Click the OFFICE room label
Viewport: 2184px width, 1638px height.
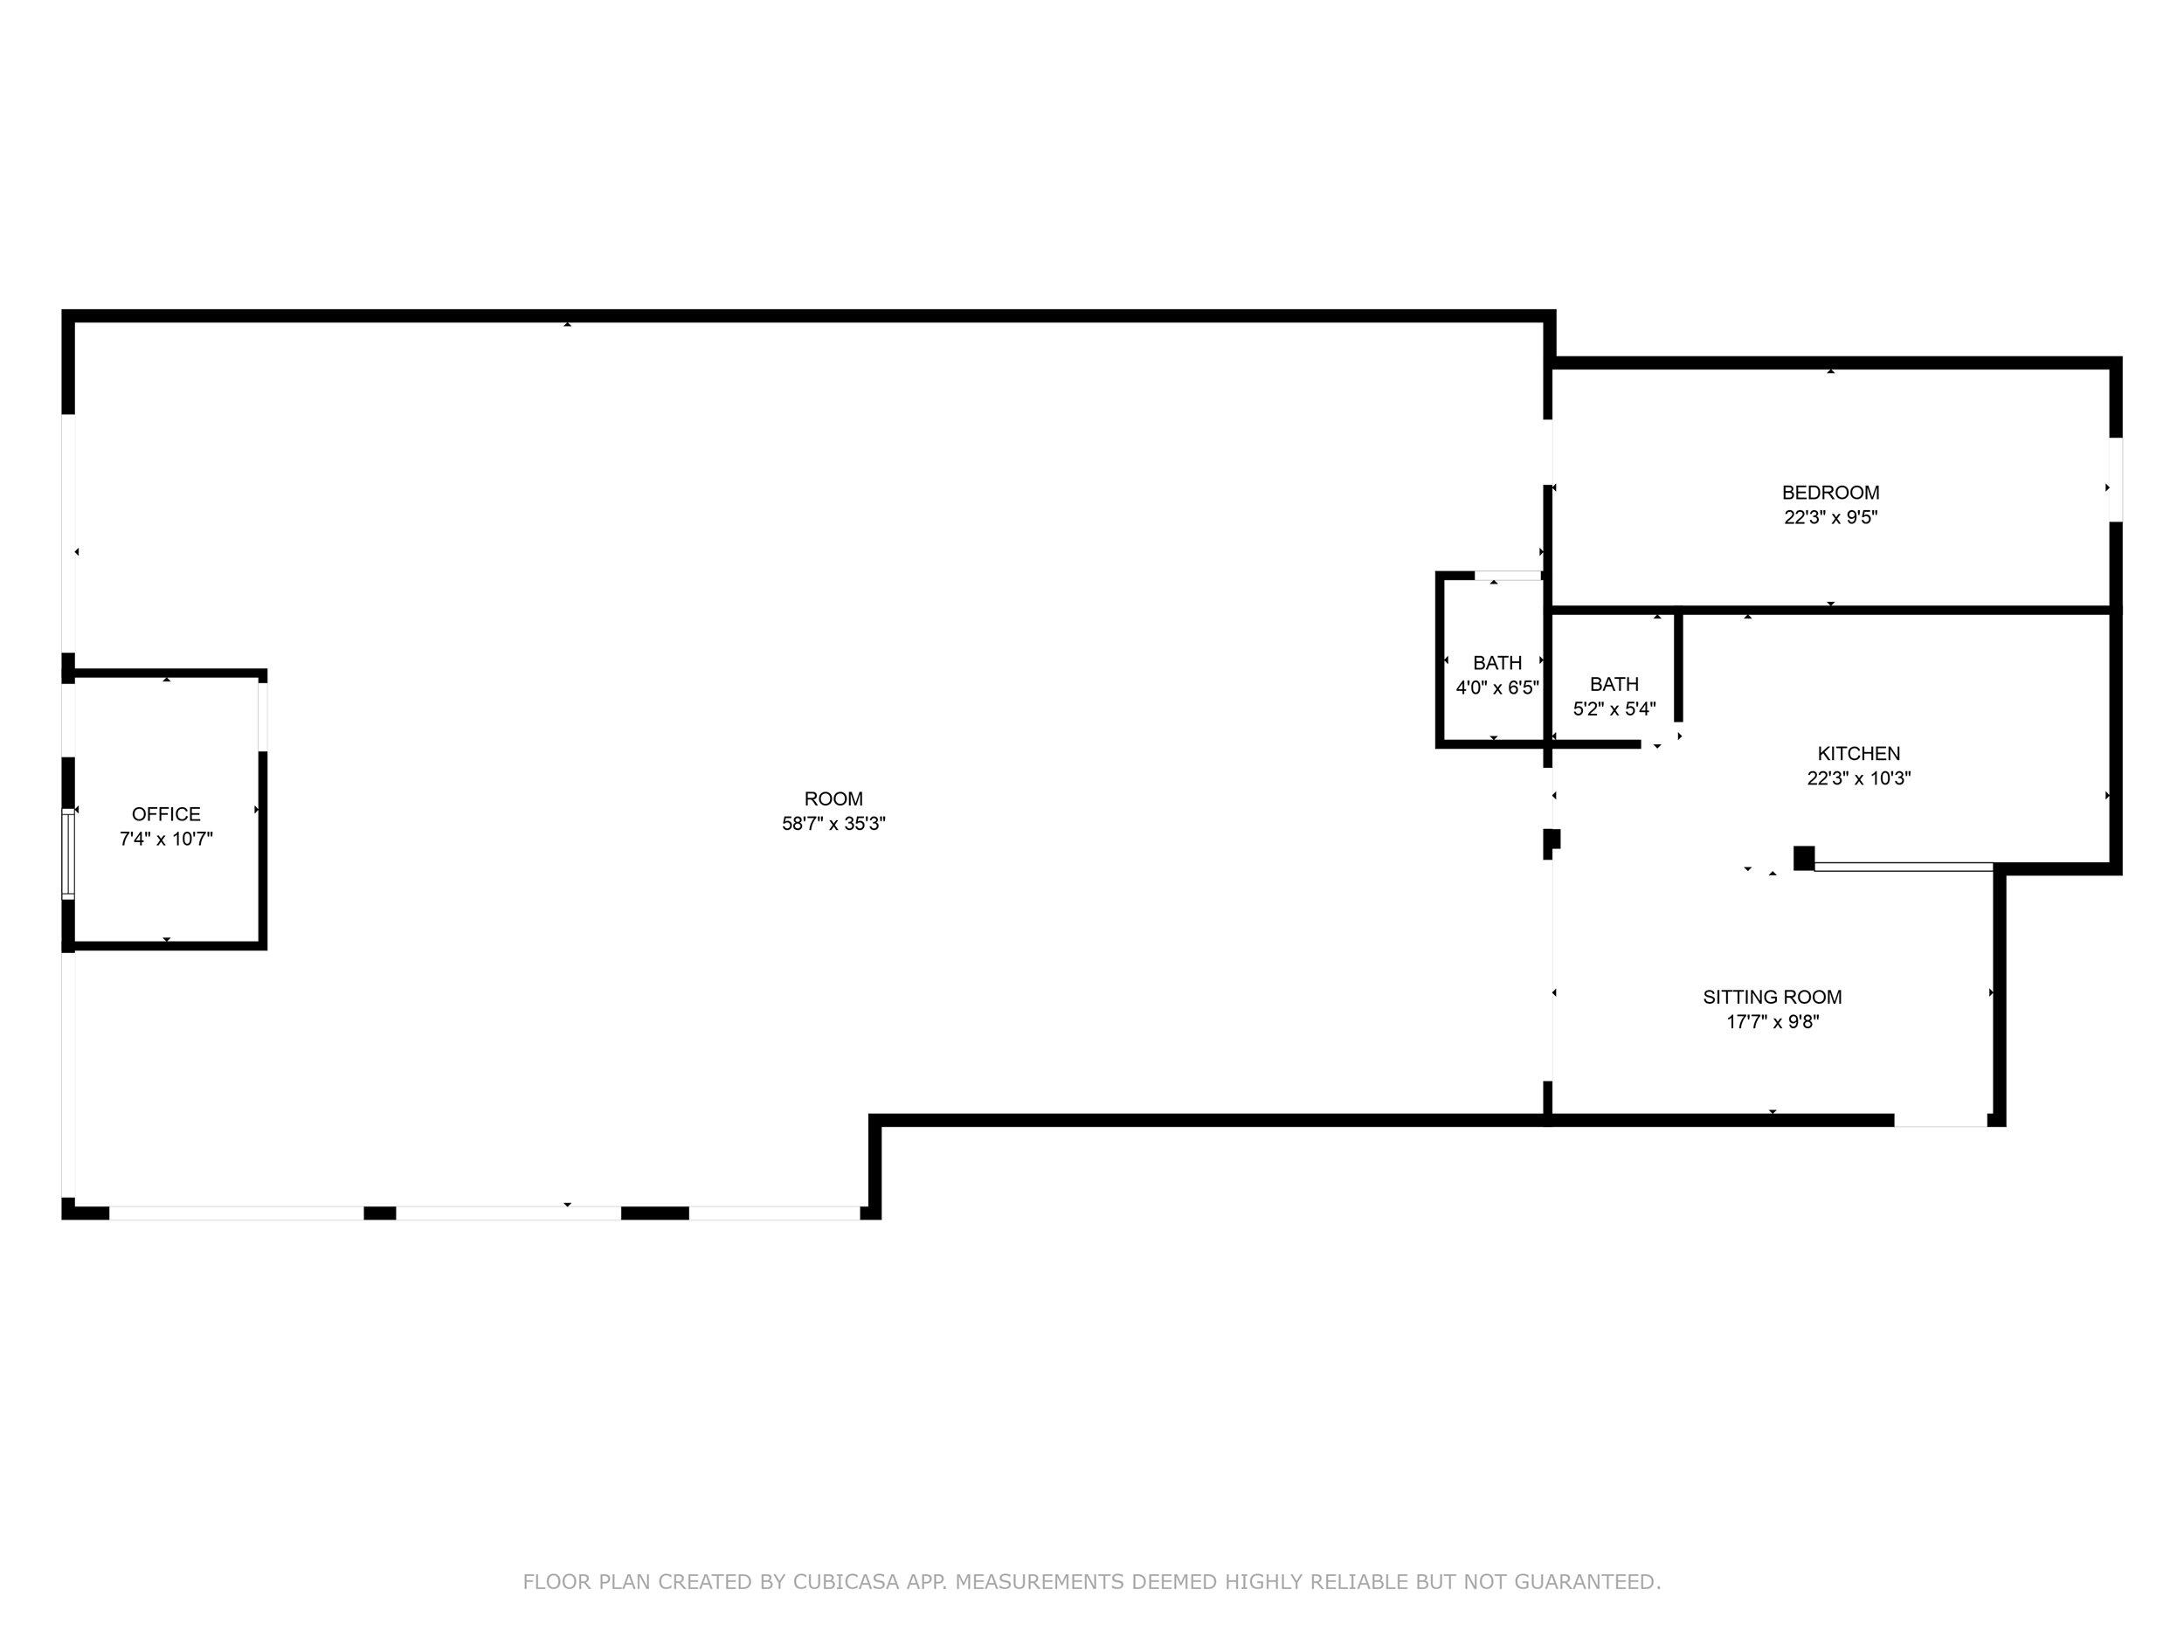(166, 814)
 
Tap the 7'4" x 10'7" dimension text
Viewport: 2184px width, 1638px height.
(166, 840)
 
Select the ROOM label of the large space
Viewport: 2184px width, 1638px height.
(833, 798)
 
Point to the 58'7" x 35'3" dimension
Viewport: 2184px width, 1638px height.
(833, 824)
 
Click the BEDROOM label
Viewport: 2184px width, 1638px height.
(1829, 493)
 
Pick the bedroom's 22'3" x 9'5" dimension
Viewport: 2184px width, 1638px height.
(1829, 517)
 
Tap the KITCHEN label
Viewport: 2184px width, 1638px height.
(1858, 753)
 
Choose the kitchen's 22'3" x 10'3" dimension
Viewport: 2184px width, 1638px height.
(1858, 778)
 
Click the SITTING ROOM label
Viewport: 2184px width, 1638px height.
(1773, 998)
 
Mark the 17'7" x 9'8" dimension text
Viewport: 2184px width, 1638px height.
(1773, 1022)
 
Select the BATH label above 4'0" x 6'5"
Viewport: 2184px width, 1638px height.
(1496, 663)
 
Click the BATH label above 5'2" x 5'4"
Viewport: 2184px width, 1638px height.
(1614, 684)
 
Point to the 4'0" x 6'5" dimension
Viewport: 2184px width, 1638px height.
(1496, 688)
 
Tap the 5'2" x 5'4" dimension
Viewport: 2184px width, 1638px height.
(1614, 708)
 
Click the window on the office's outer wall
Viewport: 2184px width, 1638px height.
(68, 854)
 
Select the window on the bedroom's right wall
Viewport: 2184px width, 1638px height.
(2115, 480)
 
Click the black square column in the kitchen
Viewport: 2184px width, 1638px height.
(1803, 858)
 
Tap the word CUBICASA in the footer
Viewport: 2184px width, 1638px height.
(847, 1583)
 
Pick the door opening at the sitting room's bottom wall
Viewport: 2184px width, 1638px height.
(1940, 1121)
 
